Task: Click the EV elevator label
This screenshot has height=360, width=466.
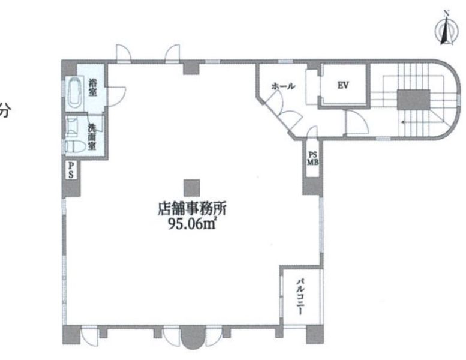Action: [x=343, y=86]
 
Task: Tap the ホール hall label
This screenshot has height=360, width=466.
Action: [x=283, y=86]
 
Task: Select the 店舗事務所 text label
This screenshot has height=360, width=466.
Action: [x=191, y=209]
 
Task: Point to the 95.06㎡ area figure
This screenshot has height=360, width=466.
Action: [x=192, y=224]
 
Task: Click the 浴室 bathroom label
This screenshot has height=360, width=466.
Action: [x=93, y=87]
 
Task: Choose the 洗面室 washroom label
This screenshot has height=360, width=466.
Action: [x=92, y=136]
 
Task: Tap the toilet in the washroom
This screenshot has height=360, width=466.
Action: [x=73, y=146]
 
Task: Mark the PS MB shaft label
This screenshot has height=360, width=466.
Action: [x=312, y=159]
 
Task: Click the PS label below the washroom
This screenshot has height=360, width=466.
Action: [x=71, y=170]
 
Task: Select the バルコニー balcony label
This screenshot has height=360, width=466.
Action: [x=300, y=296]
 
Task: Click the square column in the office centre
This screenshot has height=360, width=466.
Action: [x=191, y=188]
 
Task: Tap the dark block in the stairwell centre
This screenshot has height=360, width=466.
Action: [x=414, y=100]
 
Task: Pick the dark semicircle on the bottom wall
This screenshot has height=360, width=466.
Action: [x=193, y=337]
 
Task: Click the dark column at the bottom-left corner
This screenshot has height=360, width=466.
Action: [x=71, y=335]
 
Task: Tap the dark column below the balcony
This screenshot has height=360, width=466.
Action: [x=315, y=334]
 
